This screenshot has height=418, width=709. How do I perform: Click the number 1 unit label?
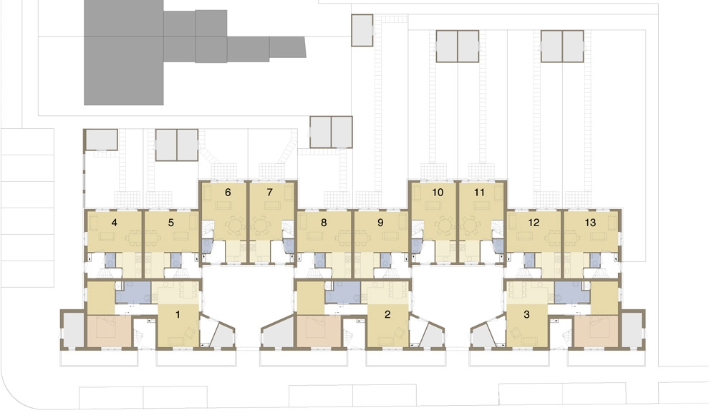(178, 314)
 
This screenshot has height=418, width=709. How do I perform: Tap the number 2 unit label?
(387, 314)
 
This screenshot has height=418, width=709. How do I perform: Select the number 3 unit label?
(526, 314)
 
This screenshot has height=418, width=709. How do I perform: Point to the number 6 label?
(228, 193)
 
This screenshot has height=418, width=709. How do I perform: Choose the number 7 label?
(270, 193)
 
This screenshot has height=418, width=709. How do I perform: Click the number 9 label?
(380, 223)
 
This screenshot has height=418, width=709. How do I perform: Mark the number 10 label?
(438, 193)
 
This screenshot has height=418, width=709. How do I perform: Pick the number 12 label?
(534, 223)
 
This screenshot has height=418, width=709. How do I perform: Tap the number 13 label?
(590, 223)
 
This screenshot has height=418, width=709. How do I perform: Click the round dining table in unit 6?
(234, 225)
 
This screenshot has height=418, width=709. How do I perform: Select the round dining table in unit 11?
(471, 225)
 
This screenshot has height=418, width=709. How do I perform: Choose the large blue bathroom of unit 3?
(572, 292)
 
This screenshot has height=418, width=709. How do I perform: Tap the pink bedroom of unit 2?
(318, 331)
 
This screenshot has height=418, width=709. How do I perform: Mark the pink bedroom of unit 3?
(596, 331)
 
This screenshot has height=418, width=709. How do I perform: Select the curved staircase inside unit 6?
(208, 230)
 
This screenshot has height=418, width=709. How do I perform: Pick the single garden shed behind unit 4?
(101, 140)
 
